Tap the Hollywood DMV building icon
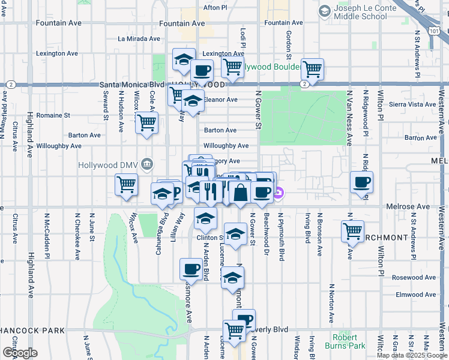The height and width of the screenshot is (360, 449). (147, 164)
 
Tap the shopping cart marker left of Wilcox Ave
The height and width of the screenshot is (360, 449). (126, 185)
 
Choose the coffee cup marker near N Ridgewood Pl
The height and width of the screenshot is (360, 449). (361, 182)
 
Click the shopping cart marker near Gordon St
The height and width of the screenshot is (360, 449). (312, 70)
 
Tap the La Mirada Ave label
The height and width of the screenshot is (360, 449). (139, 38)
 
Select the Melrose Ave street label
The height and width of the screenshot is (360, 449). (409, 206)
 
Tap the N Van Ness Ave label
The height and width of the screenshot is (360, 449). (349, 118)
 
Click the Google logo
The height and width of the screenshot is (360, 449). (20, 353)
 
